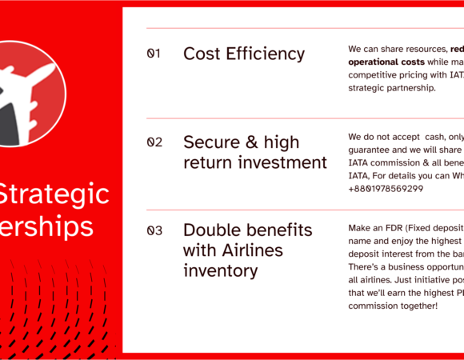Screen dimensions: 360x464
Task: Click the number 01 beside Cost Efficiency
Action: tap(154, 54)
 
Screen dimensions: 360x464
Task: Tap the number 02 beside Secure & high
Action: tap(154, 142)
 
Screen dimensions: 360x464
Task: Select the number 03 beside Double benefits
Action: tap(154, 231)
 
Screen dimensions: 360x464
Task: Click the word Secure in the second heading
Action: tap(211, 142)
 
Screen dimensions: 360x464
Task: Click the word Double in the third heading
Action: tap(211, 230)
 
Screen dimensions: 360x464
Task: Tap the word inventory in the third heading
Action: tap(221, 270)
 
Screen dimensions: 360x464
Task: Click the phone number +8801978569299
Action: tap(386, 189)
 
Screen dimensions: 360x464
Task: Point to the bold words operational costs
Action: tap(386, 62)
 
